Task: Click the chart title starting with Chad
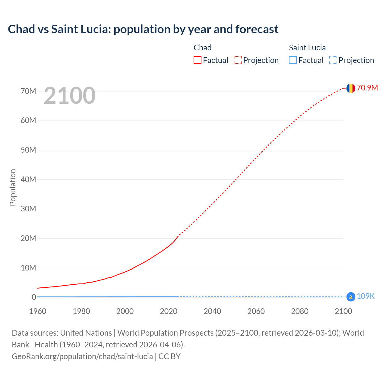coord(143,29)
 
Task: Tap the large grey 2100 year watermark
coord(70,96)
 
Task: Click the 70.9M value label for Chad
coord(367,88)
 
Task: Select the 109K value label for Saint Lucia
coord(365,296)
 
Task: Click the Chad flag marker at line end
coord(351,88)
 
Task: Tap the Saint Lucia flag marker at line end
coord(351,297)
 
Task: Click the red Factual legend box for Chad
coord(198,60)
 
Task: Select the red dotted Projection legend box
coord(238,60)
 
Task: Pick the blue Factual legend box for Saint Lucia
coord(293,60)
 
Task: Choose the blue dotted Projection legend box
coord(333,60)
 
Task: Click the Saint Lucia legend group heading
coord(307,48)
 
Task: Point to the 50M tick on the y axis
coord(28,150)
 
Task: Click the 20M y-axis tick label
coord(28,238)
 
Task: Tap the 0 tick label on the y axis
coord(34,297)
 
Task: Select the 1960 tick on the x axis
coord(38,311)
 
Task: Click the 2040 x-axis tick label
coord(212,311)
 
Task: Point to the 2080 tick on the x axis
coord(300,311)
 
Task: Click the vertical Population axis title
coord(13,187)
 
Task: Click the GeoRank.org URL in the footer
coord(82,356)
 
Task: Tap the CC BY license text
coord(169,356)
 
